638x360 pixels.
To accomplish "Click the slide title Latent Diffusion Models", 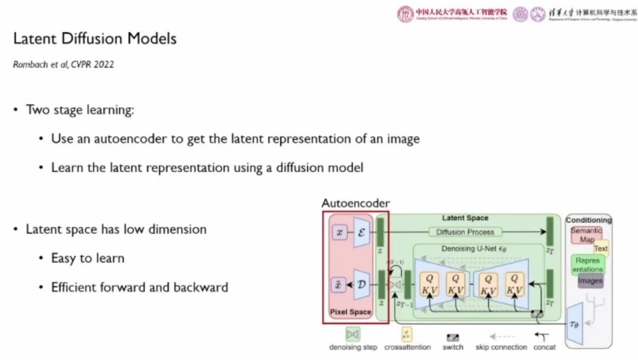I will (x=95, y=40).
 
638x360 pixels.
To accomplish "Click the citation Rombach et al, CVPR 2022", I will (x=63, y=64).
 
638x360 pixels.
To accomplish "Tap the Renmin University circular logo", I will (x=405, y=14).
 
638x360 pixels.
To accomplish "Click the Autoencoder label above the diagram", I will (x=356, y=203).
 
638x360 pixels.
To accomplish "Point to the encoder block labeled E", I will (x=362, y=232).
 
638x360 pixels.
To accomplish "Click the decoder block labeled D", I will (x=362, y=284).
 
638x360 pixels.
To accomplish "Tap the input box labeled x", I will (x=339, y=232).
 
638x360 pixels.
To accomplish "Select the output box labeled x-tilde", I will (x=339, y=285).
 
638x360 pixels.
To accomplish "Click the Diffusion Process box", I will (x=465, y=232).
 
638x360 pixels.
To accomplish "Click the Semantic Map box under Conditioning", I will (x=586, y=235).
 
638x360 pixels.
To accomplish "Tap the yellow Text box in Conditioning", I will (x=601, y=249).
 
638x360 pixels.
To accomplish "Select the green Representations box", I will (x=587, y=264).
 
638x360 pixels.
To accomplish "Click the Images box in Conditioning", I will (x=590, y=281).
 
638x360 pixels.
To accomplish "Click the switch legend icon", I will (x=453, y=337).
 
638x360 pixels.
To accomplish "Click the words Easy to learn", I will (x=87, y=258).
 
